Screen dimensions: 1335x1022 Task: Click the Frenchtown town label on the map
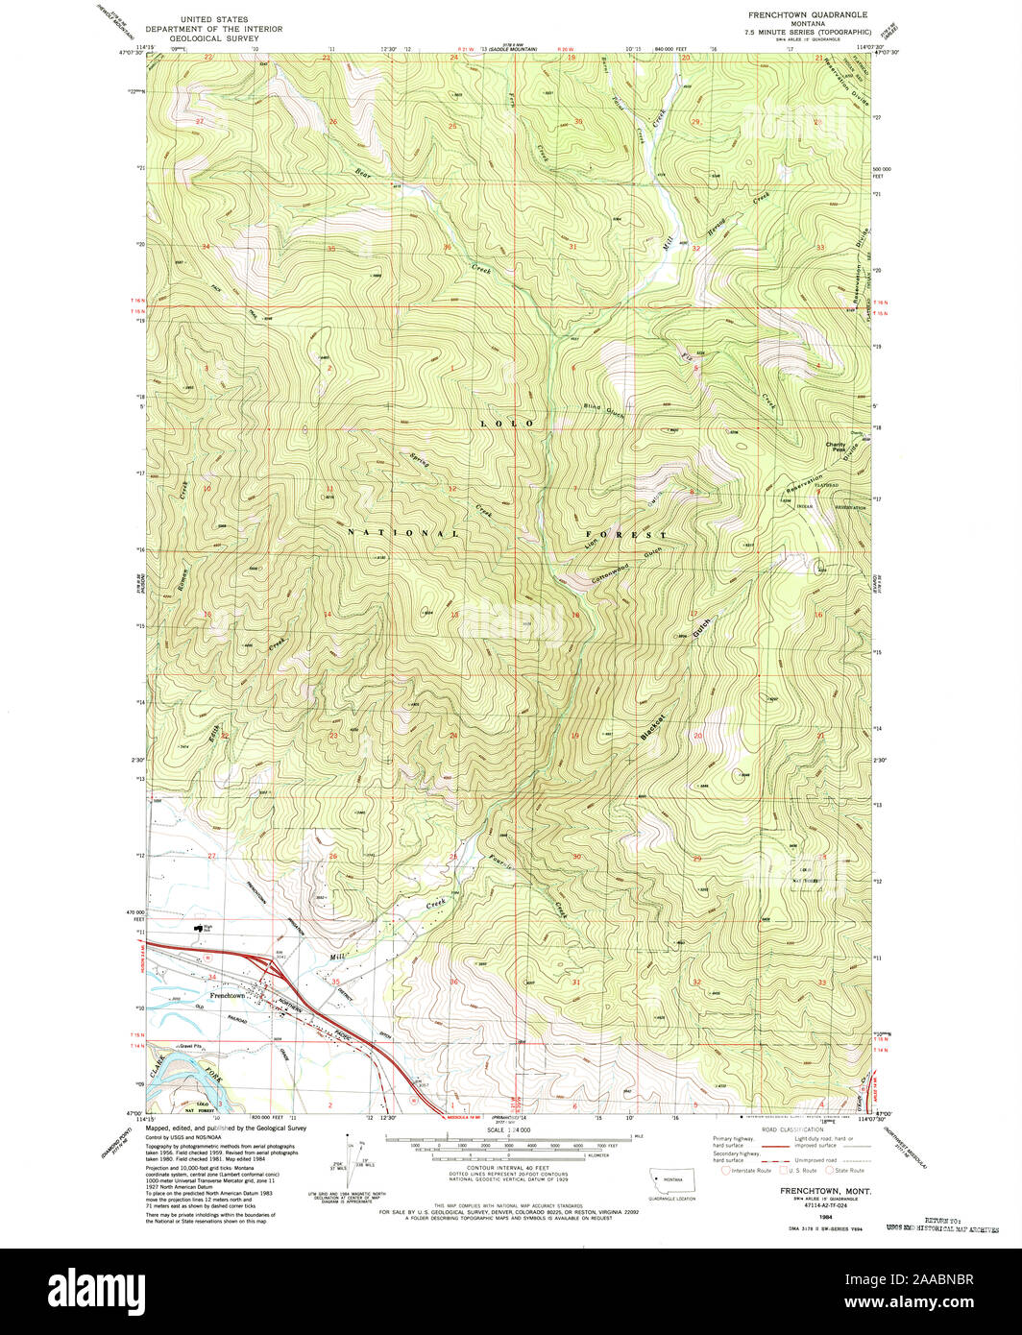226,996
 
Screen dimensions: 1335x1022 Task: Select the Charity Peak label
836,447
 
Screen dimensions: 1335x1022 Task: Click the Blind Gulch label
604,409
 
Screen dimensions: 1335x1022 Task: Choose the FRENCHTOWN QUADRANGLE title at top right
808,15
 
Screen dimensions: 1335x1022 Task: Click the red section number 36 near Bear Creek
447,248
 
